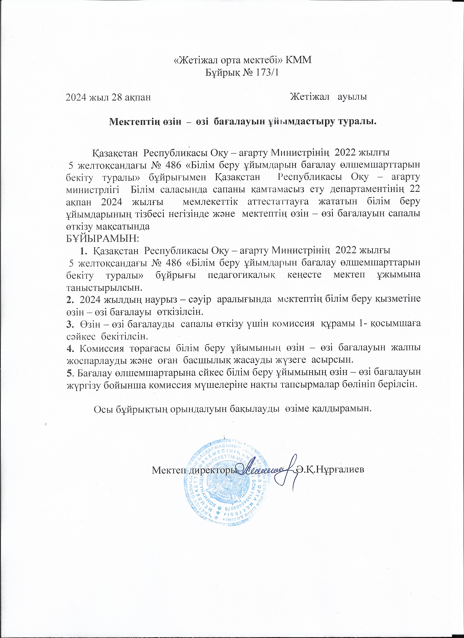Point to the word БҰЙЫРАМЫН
tap(102, 238)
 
